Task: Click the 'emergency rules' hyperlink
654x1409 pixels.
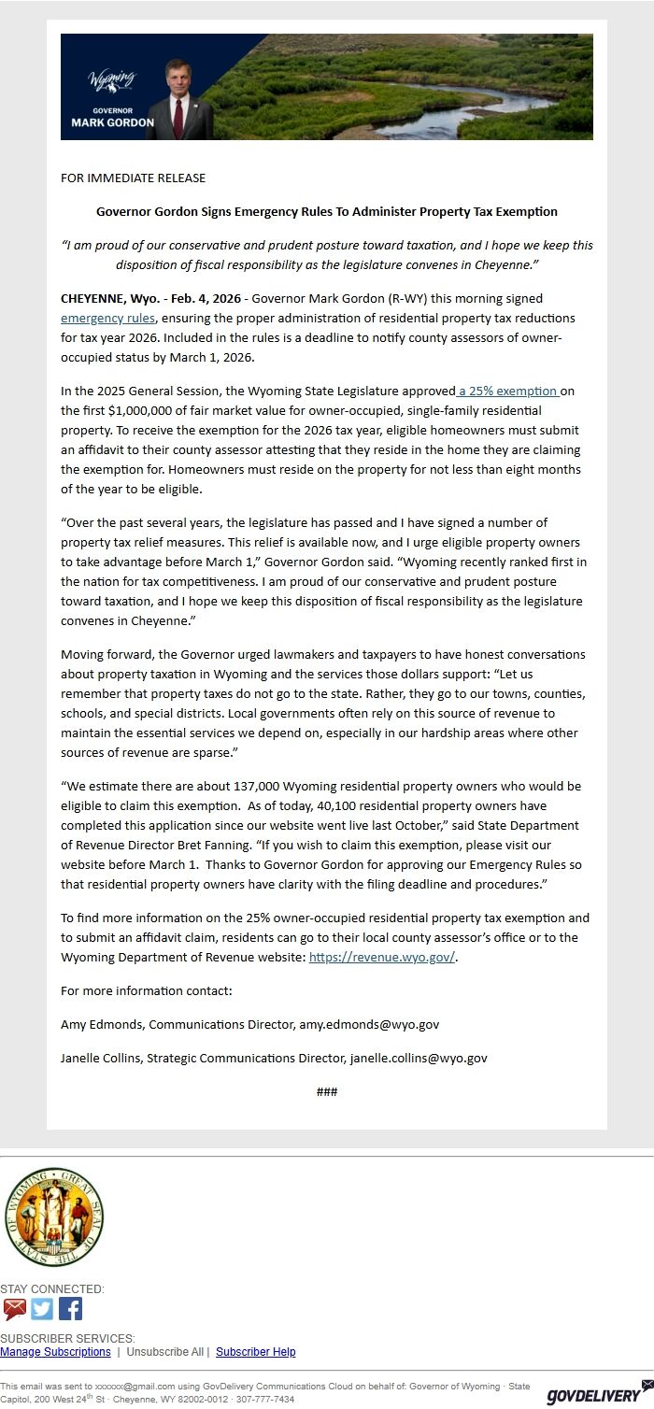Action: point(102,319)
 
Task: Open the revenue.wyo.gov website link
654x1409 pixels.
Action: point(382,958)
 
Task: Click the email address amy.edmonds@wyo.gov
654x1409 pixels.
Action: point(369,1025)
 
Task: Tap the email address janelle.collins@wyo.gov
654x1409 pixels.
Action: point(419,1059)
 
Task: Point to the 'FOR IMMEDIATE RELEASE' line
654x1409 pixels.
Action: point(133,178)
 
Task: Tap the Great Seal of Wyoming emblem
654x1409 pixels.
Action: point(53,1218)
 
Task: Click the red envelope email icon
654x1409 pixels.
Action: point(15,1309)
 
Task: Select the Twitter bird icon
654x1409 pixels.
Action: point(42,1309)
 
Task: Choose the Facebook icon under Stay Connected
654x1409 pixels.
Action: point(70,1309)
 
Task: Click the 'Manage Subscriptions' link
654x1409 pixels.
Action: point(55,1352)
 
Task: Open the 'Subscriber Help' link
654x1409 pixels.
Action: point(255,1352)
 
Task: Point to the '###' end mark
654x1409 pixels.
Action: point(327,1092)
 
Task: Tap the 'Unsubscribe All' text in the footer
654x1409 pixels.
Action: point(164,1352)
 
